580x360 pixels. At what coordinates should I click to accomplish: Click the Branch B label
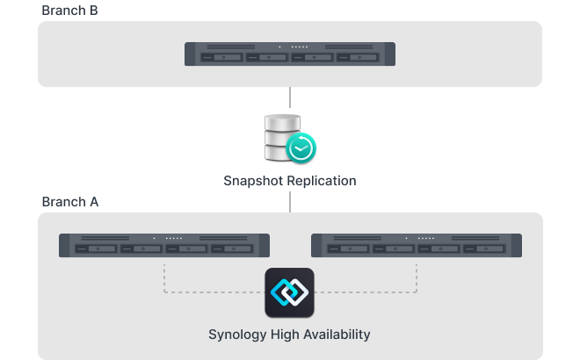coord(69,10)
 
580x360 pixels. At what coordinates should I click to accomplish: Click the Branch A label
coord(69,202)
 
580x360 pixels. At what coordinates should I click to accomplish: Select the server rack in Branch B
coord(290,54)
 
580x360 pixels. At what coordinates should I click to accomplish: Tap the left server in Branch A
coord(164,245)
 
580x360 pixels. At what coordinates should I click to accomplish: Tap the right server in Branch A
coord(417,245)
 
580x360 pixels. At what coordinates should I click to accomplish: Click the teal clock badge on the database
coord(301,148)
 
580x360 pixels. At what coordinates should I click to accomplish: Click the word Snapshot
coord(255,181)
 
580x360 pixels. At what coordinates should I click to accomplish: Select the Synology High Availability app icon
coord(289,292)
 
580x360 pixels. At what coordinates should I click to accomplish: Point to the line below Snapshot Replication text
coord(290,201)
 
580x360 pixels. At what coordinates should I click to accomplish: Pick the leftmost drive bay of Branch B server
coord(222,59)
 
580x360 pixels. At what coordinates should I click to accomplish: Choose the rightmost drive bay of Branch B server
coord(358,59)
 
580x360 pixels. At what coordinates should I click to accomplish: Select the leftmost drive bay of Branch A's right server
coord(349,250)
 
